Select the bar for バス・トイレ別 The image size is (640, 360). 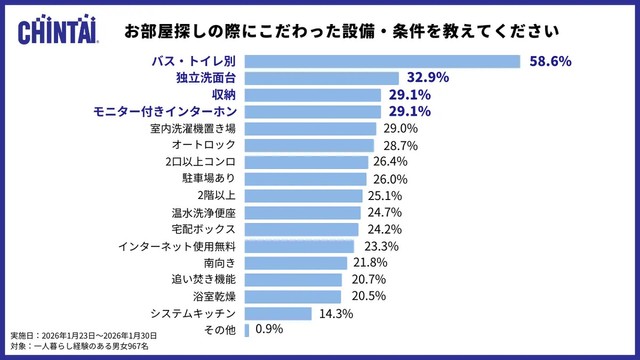(x=381, y=61)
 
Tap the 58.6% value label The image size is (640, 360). (x=549, y=61)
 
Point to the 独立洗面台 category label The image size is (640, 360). (x=204, y=78)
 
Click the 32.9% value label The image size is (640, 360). (x=425, y=78)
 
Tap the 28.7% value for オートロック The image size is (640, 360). (x=397, y=146)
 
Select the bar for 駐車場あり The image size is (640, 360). (x=304, y=179)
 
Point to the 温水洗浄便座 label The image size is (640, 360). (x=204, y=213)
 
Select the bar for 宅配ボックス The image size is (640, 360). (x=300, y=229)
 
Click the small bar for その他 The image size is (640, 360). (x=246, y=329)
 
